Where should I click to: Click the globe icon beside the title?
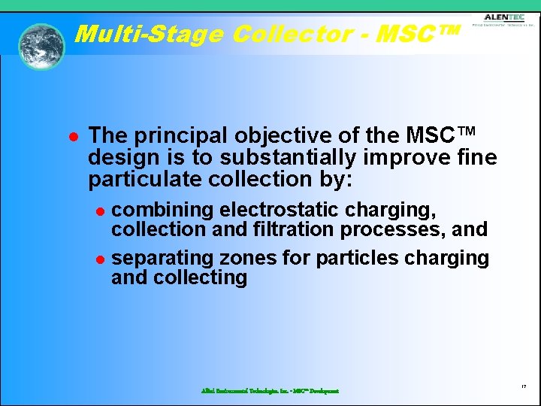[x=41, y=46]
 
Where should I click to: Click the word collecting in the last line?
[x=200, y=278]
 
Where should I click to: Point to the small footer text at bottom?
[x=270, y=391]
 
